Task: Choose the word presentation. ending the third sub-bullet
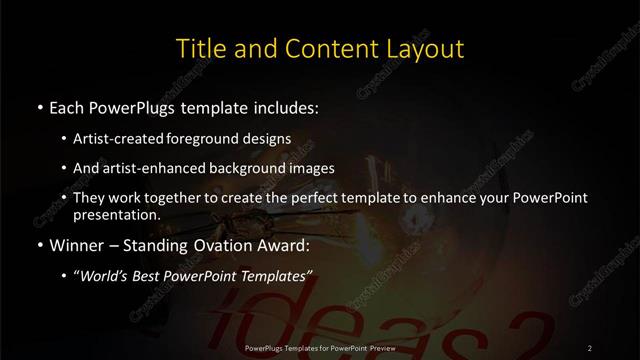click(x=116, y=214)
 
